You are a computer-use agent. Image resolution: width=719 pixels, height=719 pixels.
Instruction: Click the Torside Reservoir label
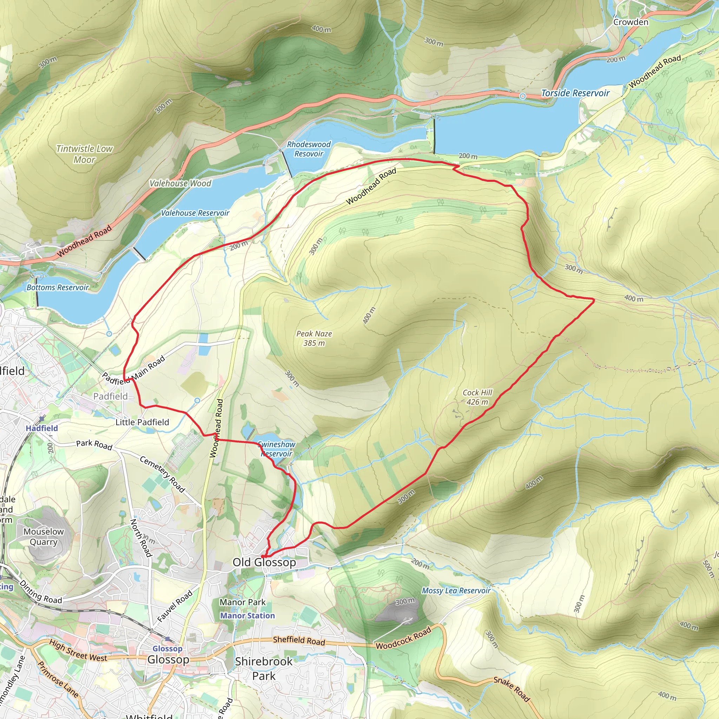(x=575, y=93)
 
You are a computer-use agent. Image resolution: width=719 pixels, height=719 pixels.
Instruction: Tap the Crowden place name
(x=631, y=22)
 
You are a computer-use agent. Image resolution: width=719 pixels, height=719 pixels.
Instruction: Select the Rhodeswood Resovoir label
(x=309, y=149)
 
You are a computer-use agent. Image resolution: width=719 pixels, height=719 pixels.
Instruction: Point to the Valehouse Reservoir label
(x=195, y=213)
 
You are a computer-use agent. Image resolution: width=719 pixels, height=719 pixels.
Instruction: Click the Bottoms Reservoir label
(x=58, y=287)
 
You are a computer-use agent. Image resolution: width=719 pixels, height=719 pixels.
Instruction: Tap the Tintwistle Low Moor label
(x=85, y=154)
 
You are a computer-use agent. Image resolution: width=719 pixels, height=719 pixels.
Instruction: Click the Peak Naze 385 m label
(x=314, y=338)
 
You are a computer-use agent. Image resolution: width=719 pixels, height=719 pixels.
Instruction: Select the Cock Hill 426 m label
(x=477, y=397)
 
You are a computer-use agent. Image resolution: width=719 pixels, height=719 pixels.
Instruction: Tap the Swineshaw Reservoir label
(x=276, y=449)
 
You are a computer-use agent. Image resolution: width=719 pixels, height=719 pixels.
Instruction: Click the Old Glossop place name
(x=264, y=562)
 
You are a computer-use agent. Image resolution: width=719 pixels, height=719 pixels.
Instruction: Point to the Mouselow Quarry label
(x=44, y=537)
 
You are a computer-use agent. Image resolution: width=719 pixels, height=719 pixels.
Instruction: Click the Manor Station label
(x=248, y=615)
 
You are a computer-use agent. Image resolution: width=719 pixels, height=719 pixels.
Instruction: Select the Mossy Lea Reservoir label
(x=456, y=591)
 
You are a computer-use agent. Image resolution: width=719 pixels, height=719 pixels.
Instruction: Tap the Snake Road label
(x=511, y=689)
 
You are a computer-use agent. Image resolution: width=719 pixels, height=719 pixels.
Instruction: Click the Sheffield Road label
(x=299, y=640)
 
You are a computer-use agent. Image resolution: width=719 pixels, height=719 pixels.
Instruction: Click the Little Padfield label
(x=142, y=422)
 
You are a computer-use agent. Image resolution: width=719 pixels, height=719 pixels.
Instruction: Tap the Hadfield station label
(x=42, y=428)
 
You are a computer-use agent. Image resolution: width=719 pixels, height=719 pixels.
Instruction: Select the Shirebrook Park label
(x=264, y=668)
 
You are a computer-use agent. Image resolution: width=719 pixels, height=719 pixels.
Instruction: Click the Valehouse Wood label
(x=180, y=183)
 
